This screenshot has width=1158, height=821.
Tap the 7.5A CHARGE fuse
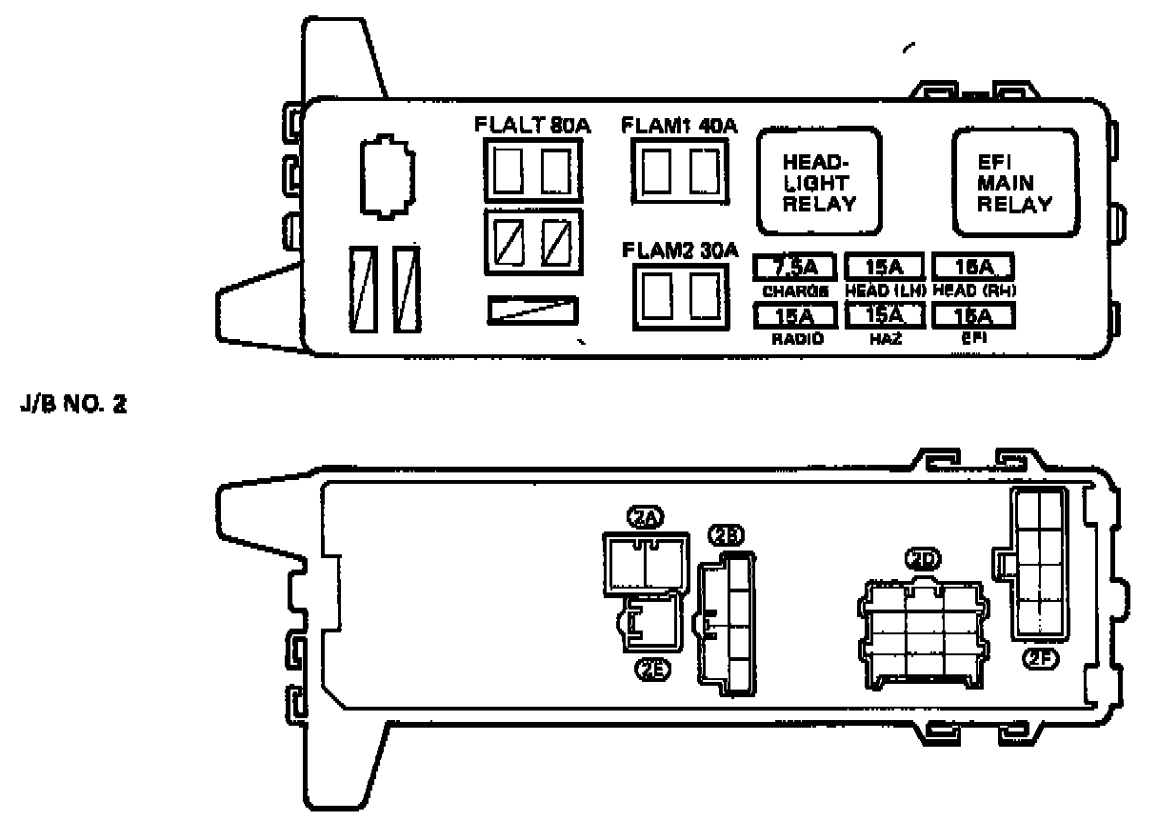pos(793,266)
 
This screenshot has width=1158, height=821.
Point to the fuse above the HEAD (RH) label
pos(972,266)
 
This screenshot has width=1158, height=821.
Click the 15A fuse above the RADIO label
pos(793,314)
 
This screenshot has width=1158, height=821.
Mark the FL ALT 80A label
pos(531,125)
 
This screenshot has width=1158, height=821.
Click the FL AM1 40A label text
pos(679,125)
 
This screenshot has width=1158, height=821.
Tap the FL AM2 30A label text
pos(679,250)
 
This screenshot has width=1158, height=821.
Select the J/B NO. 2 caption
pos(73,407)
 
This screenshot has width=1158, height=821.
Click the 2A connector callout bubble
pos(645,518)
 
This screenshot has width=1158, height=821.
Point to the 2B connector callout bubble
pos(728,536)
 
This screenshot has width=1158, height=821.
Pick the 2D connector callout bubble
pos(920,561)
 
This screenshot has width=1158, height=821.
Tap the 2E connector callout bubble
pos(652,668)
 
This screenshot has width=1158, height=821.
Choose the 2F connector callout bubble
pos(1039,656)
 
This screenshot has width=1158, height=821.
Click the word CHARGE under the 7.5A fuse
pos(793,290)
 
